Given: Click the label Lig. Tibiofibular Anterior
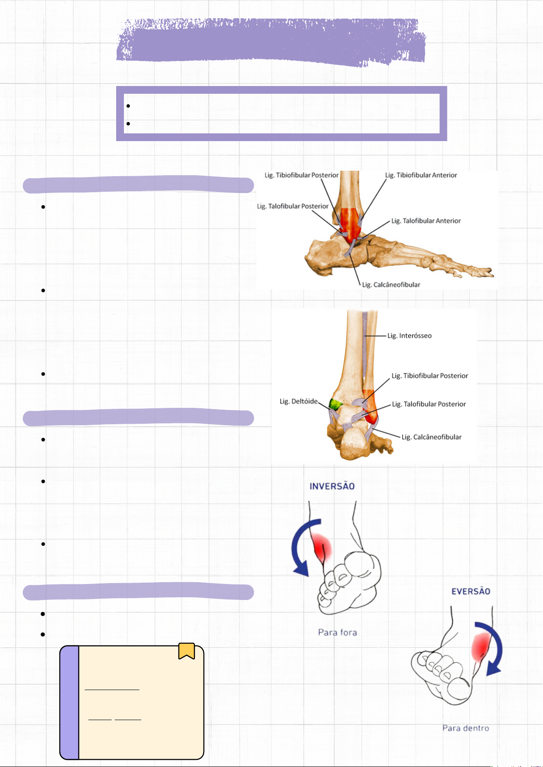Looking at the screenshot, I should click(421, 175).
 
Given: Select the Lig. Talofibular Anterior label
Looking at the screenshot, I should click(426, 221).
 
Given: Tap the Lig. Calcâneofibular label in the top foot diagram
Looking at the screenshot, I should click(391, 285).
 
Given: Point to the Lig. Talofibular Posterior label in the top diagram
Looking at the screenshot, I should click(293, 206).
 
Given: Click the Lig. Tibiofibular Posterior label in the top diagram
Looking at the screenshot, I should click(302, 175).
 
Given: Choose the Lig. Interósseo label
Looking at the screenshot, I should click(409, 336).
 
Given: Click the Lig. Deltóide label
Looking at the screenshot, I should click(299, 401).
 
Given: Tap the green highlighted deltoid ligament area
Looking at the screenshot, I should click(336, 404).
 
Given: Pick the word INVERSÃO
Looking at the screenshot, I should click(332, 486).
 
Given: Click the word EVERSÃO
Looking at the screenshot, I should click(471, 591).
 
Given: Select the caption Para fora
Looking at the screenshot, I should click(338, 632).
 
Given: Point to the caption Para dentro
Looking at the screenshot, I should click(466, 728).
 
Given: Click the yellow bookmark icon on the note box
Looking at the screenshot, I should click(186, 651).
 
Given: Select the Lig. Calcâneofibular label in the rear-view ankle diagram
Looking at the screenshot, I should click(431, 437).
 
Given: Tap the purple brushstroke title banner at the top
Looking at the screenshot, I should click(271, 42).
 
